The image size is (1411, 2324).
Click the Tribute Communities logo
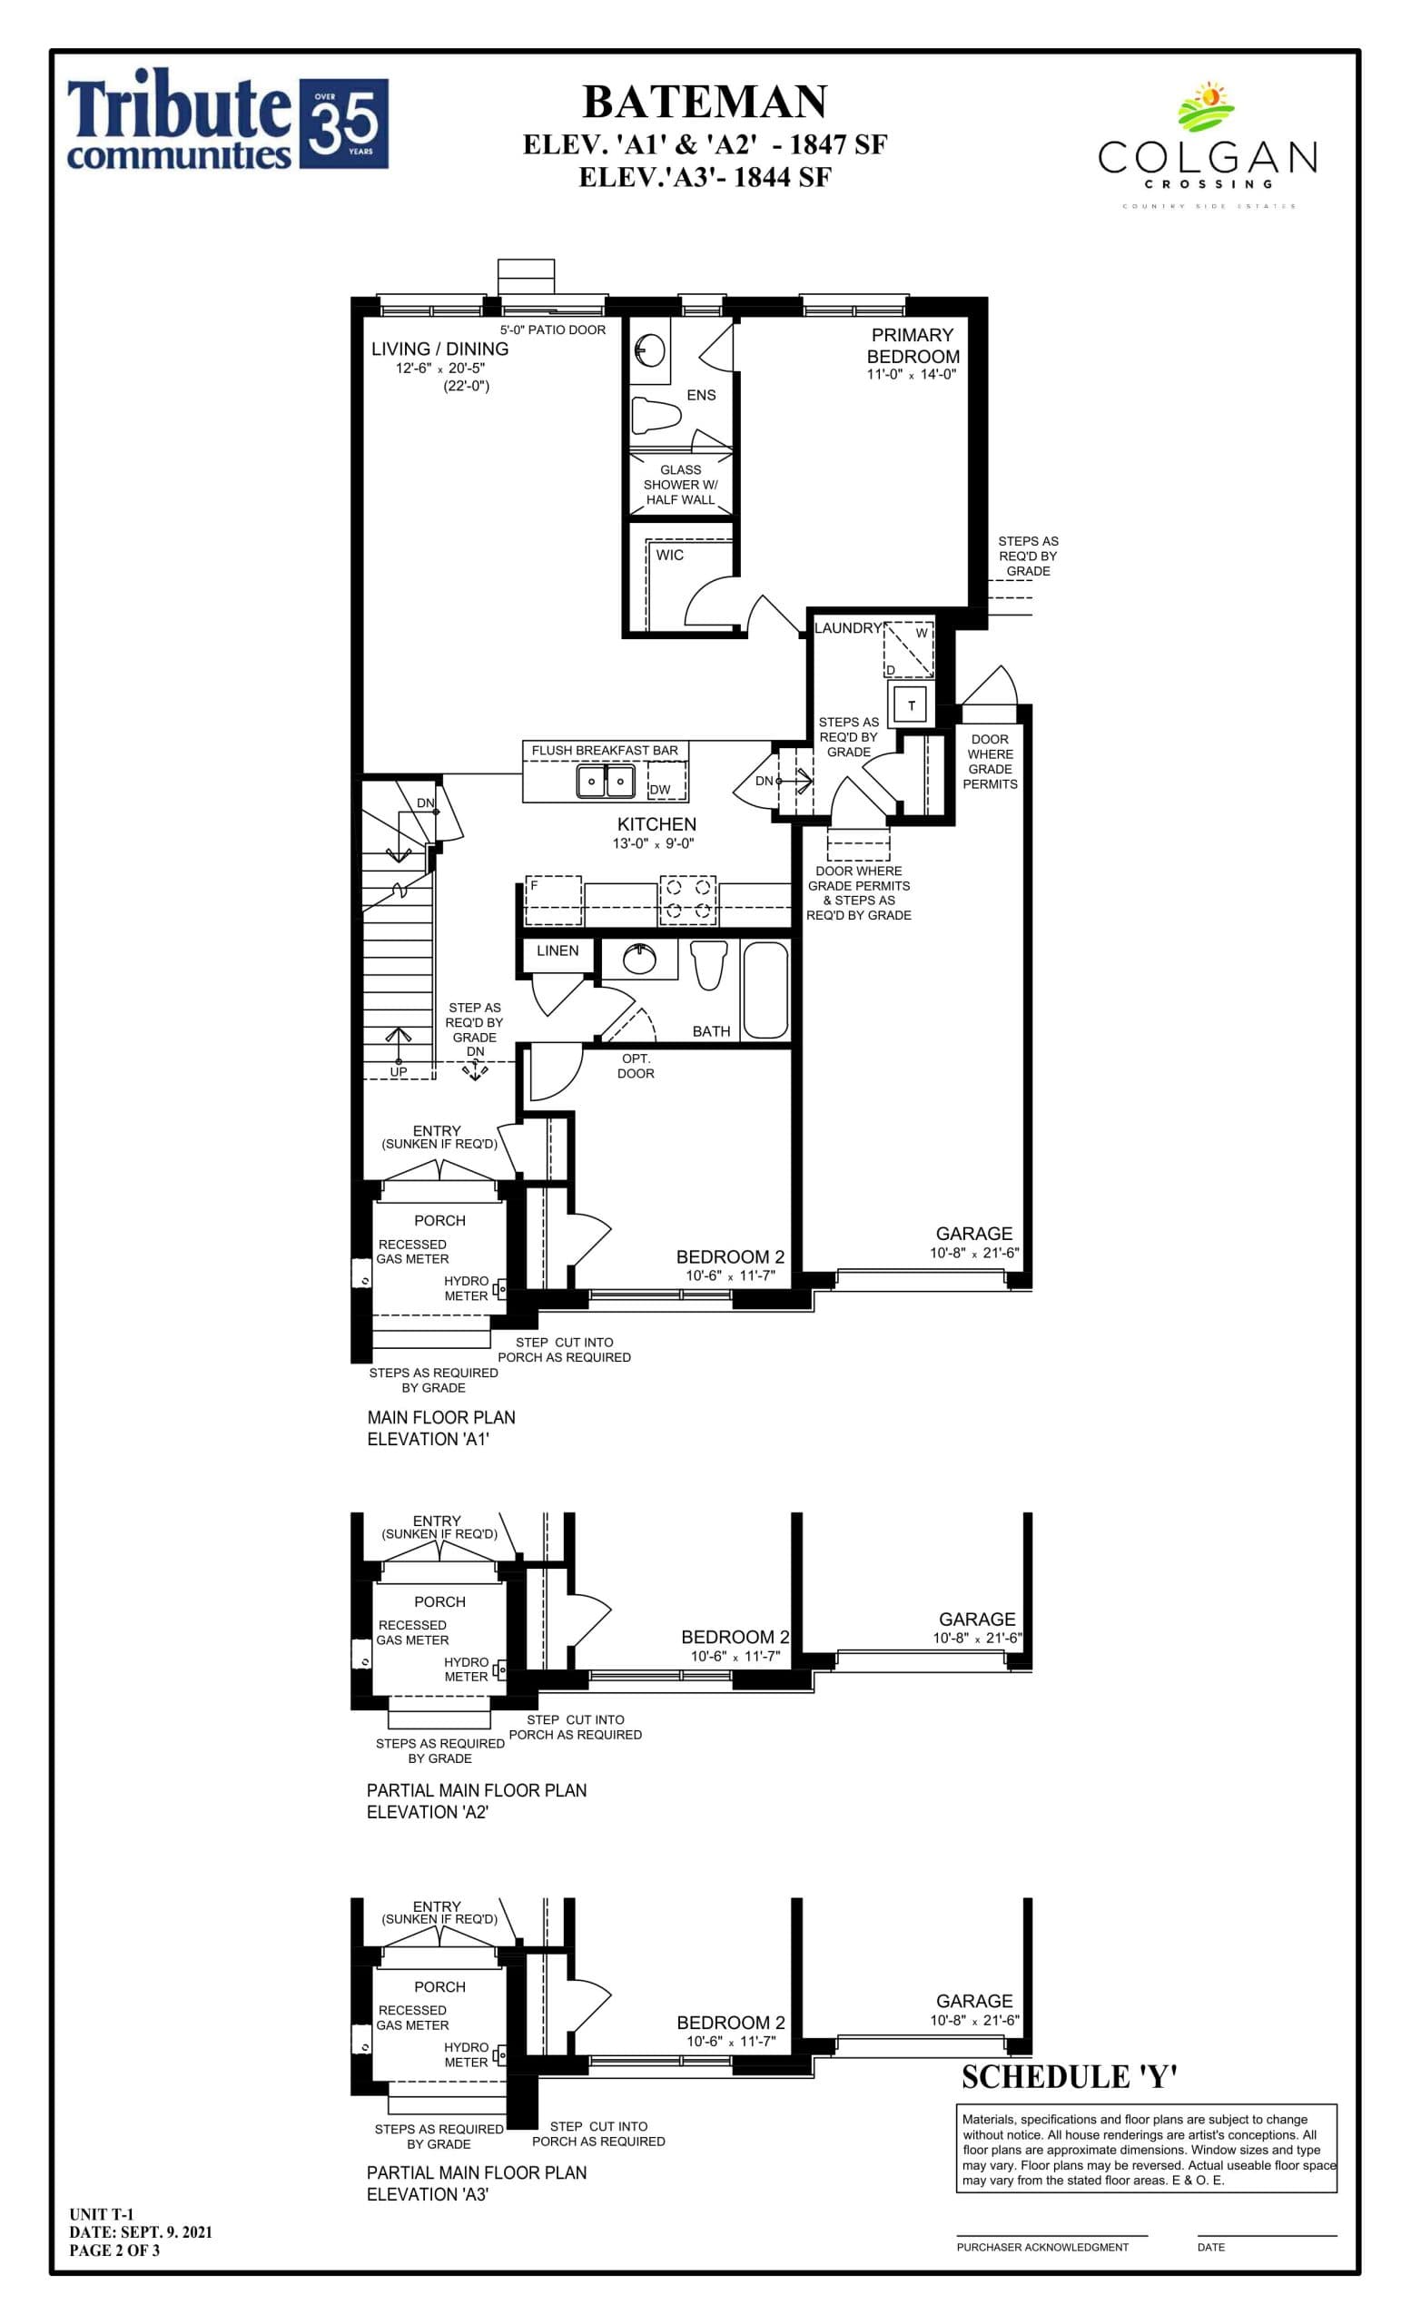click(226, 123)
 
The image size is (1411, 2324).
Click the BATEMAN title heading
click(705, 102)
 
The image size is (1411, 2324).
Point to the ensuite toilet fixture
click(656, 413)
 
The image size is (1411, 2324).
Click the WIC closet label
click(670, 555)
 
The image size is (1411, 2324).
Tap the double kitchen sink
click(606, 781)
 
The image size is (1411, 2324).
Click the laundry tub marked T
click(911, 704)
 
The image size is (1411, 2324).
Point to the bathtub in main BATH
click(765, 990)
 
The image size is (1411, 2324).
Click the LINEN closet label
click(557, 950)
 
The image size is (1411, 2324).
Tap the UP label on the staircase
click(399, 1071)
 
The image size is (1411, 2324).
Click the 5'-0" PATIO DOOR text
click(553, 330)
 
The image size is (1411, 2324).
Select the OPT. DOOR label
click(636, 1066)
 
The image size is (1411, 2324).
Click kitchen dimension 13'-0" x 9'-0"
click(653, 844)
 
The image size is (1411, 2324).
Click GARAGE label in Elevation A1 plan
click(973, 1234)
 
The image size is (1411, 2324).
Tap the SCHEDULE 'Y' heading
click(1070, 2077)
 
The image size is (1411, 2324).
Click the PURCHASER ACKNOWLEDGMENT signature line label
click(1042, 2247)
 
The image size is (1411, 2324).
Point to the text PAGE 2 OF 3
click(114, 2250)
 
